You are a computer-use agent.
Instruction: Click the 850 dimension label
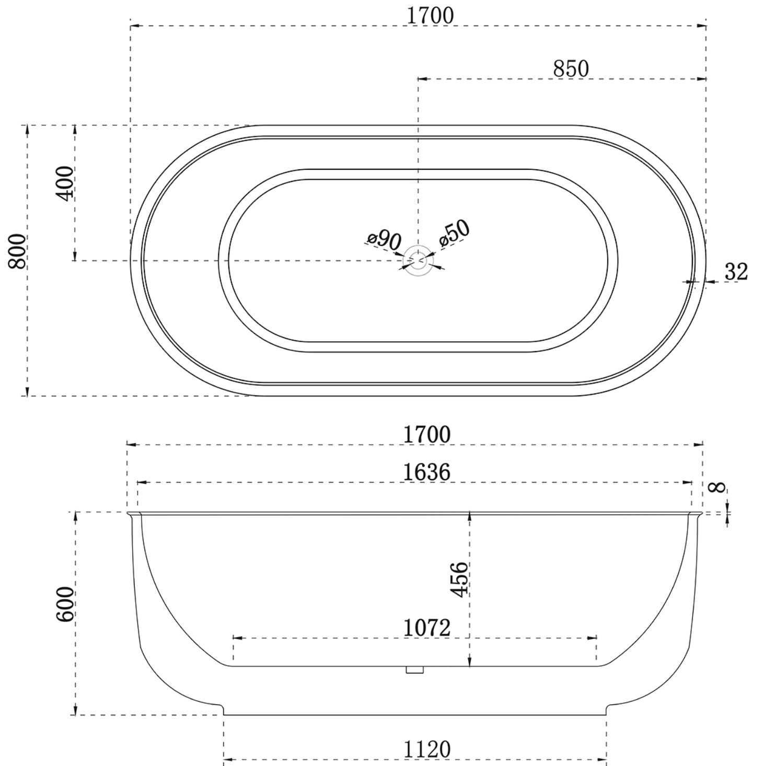571,69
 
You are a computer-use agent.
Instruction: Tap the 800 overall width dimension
17,251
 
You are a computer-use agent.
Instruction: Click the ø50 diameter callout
455,233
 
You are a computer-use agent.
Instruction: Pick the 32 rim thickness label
736,272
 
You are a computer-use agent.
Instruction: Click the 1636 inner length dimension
426,472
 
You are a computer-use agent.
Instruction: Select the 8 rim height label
717,487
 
